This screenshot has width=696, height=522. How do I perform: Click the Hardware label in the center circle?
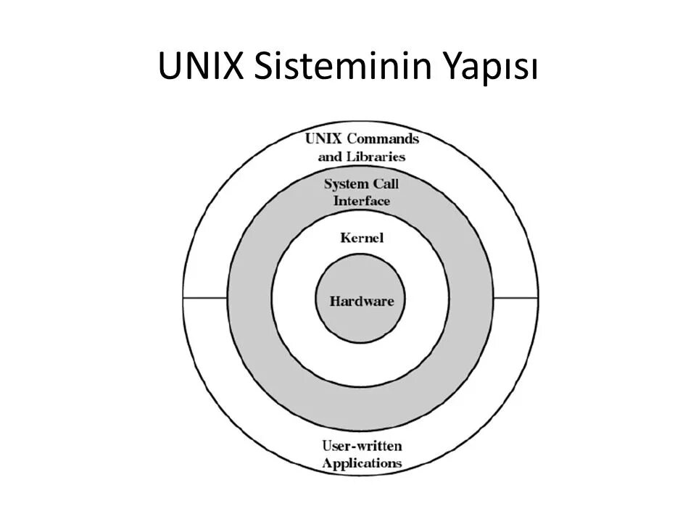[x=362, y=301]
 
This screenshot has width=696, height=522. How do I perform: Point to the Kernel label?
[x=362, y=238]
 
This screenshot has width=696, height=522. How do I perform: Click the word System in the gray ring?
[x=347, y=183]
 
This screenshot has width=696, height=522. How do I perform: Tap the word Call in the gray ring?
[x=386, y=183]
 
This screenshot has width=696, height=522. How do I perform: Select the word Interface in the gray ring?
[x=362, y=201]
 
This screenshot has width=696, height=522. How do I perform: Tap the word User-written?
[x=361, y=445]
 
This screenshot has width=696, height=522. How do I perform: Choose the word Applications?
[x=362, y=463]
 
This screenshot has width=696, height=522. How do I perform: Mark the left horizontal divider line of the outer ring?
[x=205, y=298]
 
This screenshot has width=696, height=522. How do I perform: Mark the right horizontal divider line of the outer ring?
[x=516, y=298]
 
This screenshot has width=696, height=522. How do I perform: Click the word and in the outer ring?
[x=331, y=156]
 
